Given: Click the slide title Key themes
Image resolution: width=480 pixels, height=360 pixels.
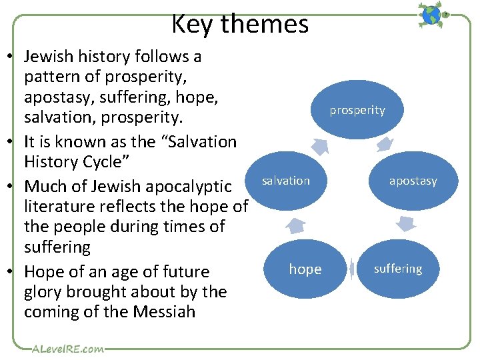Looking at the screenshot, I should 240,24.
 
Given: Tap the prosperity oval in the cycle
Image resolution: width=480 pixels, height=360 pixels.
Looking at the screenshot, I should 357,110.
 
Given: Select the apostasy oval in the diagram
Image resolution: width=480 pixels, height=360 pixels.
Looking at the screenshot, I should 413,181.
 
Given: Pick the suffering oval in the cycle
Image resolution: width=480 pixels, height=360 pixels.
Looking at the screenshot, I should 398,269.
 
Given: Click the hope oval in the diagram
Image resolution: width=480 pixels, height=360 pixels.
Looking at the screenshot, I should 305,269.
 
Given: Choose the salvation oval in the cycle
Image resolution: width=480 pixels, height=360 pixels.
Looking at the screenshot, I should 285,181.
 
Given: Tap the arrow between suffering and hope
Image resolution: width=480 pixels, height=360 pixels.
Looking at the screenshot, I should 351,269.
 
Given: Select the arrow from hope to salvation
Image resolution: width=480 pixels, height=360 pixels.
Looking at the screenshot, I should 297,225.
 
